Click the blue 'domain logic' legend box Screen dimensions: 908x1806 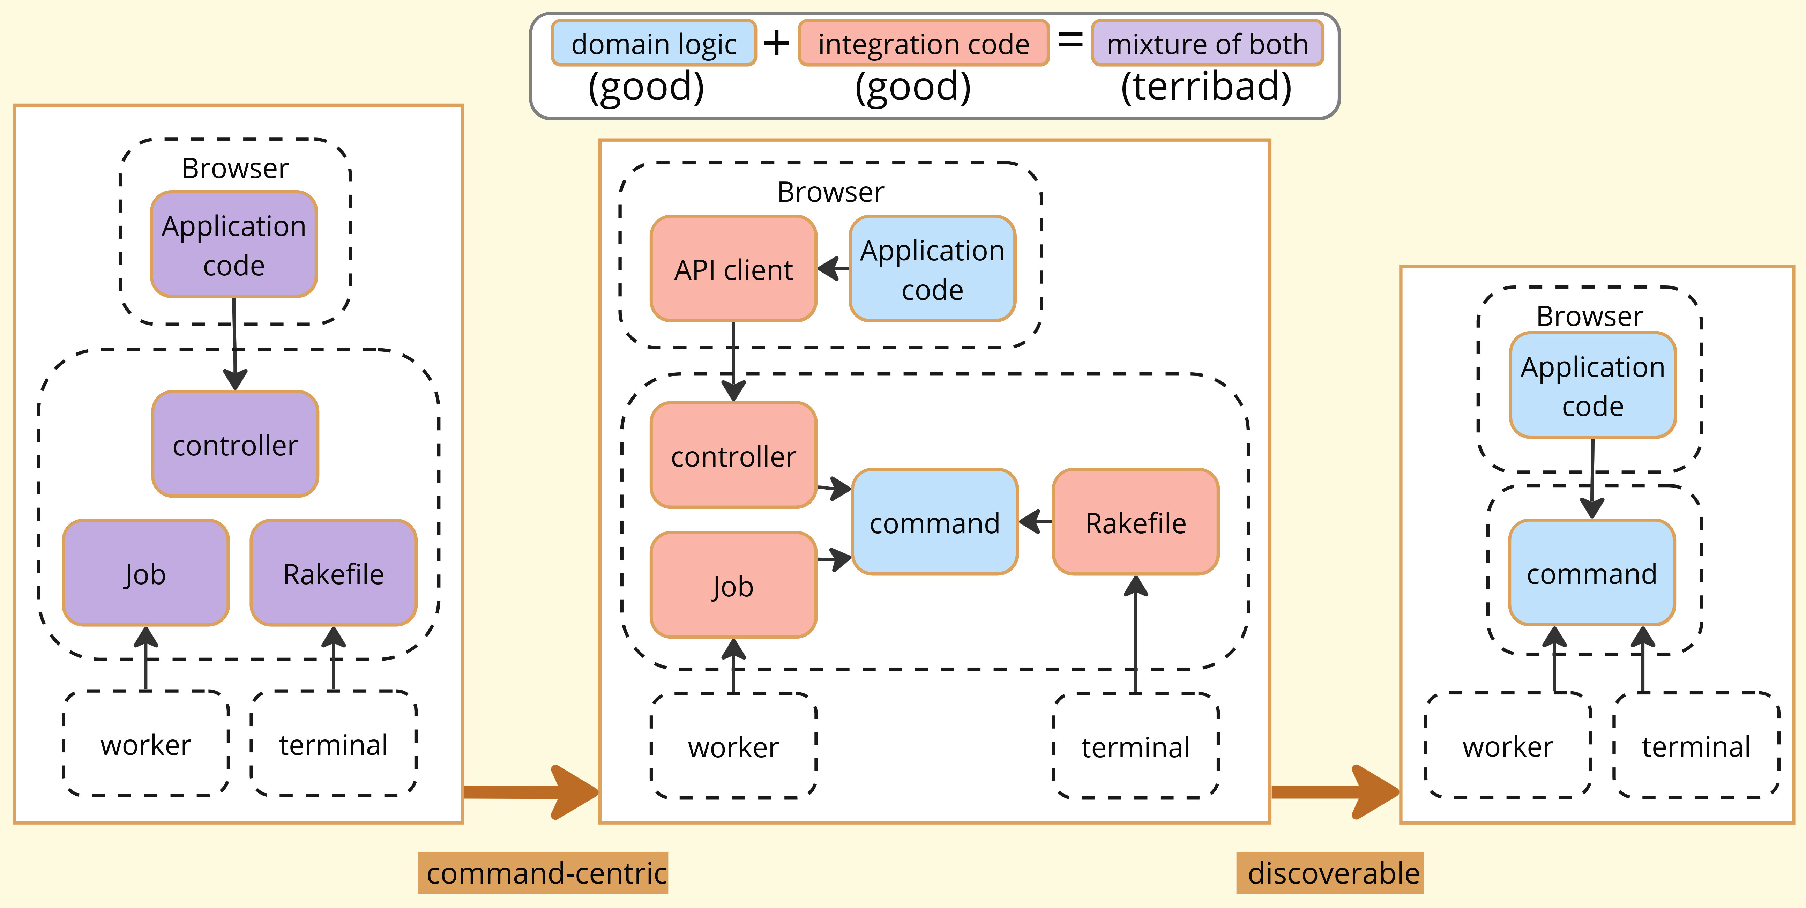tap(654, 44)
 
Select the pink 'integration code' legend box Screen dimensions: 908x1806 tap(923, 44)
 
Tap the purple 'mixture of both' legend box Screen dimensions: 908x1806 tap(1207, 44)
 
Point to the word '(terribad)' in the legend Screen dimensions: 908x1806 tap(1206, 87)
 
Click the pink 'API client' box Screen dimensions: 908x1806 tap(733, 269)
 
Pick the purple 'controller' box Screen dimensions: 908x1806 tap(235, 445)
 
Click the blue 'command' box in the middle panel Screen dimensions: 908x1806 tap(934, 522)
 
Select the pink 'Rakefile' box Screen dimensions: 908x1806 tap(1135, 522)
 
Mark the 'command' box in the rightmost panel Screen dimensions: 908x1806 tap(1591, 573)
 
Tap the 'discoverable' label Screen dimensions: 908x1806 tap(1330, 873)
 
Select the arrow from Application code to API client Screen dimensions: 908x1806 tap(833, 268)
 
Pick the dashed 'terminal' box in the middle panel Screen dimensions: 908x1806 tap(1135, 747)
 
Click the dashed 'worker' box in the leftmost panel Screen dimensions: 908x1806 tap(146, 744)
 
